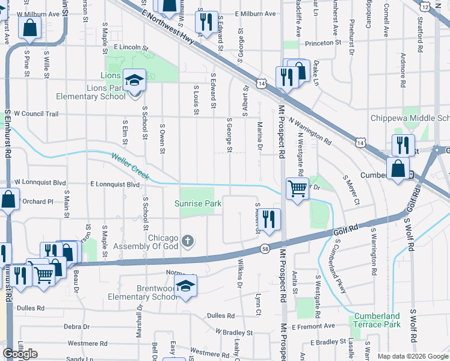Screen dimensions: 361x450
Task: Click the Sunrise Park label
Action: tap(199, 203)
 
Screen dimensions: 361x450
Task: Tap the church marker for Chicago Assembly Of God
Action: tap(188, 241)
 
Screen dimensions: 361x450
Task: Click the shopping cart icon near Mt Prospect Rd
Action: tap(297, 190)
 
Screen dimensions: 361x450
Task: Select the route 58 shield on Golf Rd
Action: tap(265, 248)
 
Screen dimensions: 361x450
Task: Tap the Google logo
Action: tap(20, 354)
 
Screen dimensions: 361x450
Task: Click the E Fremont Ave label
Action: tap(313, 326)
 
